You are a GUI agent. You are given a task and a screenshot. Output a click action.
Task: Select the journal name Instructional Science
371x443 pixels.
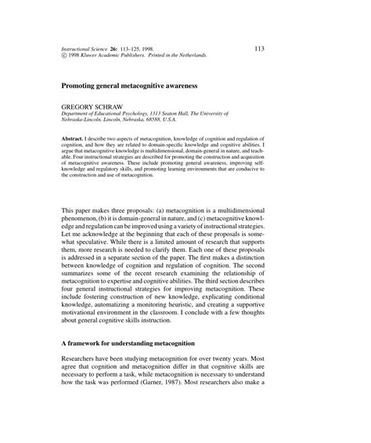pyautogui.click(x=76, y=48)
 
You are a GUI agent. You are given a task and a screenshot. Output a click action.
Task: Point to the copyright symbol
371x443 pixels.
pyautogui.click(x=52, y=56)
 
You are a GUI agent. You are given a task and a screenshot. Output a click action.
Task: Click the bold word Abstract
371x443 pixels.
pyautogui.click(x=64, y=135)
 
